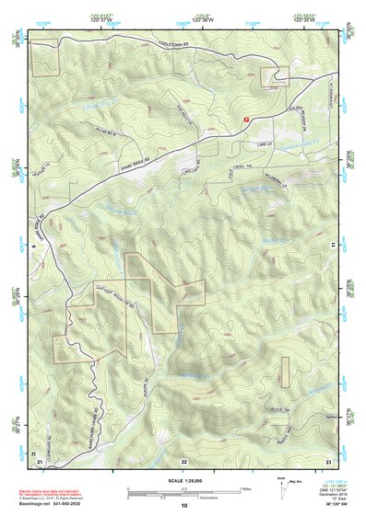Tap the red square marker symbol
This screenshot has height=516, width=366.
tap(245, 119)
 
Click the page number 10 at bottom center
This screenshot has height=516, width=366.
tap(184, 505)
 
